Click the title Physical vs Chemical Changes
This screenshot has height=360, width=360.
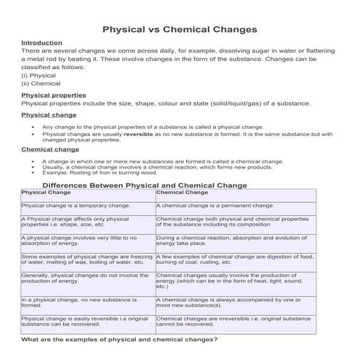click(179, 30)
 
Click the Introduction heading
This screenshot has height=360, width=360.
click(41, 43)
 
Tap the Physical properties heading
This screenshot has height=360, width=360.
click(53, 95)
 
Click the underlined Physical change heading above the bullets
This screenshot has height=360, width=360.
click(49, 115)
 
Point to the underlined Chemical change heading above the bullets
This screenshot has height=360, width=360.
click(50, 149)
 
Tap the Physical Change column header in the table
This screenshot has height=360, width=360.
click(48, 193)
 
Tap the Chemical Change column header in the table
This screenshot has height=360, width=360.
click(182, 193)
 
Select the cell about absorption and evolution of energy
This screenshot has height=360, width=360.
click(231, 241)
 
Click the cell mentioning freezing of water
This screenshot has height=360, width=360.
click(87, 260)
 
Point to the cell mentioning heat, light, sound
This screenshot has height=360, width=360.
click(231, 281)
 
